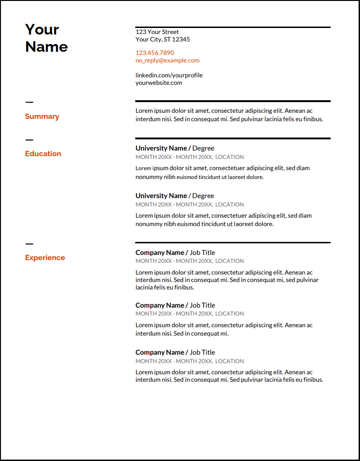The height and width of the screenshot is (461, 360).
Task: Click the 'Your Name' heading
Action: [x=46, y=38]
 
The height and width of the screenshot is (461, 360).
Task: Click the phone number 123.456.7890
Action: [x=155, y=53]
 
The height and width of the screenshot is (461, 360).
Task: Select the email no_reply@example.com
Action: [x=167, y=61]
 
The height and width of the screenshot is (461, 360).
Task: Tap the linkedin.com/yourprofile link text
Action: [x=169, y=75]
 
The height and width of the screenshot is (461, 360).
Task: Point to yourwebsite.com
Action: [x=159, y=83]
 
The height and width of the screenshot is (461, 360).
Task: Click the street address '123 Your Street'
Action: [x=157, y=32]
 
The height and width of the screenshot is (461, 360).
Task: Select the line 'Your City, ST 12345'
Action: [x=163, y=40]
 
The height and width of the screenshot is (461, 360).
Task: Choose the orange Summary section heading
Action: [x=42, y=117]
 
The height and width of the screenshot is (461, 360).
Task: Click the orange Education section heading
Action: [x=43, y=154]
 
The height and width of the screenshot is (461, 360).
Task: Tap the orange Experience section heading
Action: [x=45, y=258]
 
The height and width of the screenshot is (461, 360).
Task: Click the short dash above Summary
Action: [x=29, y=102]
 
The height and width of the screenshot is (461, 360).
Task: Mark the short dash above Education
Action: [x=29, y=139]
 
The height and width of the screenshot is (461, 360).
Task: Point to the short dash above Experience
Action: [x=29, y=243]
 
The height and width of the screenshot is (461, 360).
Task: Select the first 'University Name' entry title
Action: [x=161, y=148]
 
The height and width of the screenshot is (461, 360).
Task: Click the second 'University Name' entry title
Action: [x=161, y=196]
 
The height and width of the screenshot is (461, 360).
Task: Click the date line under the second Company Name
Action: [x=189, y=314]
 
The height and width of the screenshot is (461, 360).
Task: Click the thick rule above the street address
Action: [x=233, y=28]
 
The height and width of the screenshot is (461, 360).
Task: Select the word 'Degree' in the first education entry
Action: [x=203, y=148]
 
